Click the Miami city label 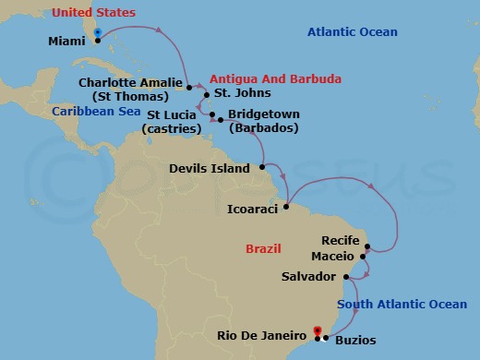pos(66,41)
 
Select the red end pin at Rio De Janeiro pos(317,331)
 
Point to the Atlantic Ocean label pos(352,32)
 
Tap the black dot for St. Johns pos(207,93)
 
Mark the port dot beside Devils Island pos(263,167)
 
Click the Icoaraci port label pos(252,209)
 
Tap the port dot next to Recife pos(367,246)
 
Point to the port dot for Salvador pos(346,276)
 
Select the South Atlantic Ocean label pos(402,305)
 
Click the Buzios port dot pos(328,339)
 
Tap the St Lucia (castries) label pos(172,121)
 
